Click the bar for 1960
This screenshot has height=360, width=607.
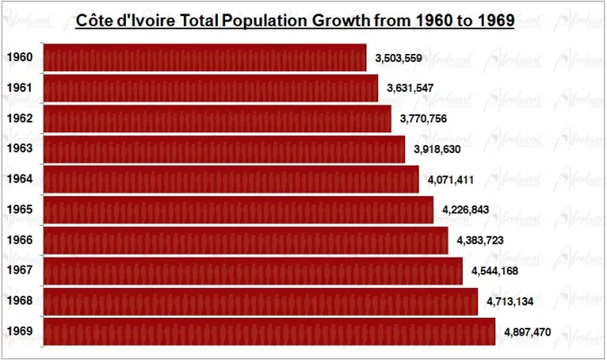coord(204,58)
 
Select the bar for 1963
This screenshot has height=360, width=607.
coord(223,149)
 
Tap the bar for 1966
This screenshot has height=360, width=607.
coord(245,240)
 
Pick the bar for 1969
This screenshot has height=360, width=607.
coord(268,332)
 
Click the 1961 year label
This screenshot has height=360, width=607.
coord(19,88)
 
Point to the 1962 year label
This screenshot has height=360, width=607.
coord(19,119)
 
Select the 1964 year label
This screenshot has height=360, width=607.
coord(19,179)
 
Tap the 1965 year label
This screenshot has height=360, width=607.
coord(19,210)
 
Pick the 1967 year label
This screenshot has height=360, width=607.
coord(19,271)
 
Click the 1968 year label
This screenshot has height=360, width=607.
coord(19,301)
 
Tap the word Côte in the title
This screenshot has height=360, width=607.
coord(97,21)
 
